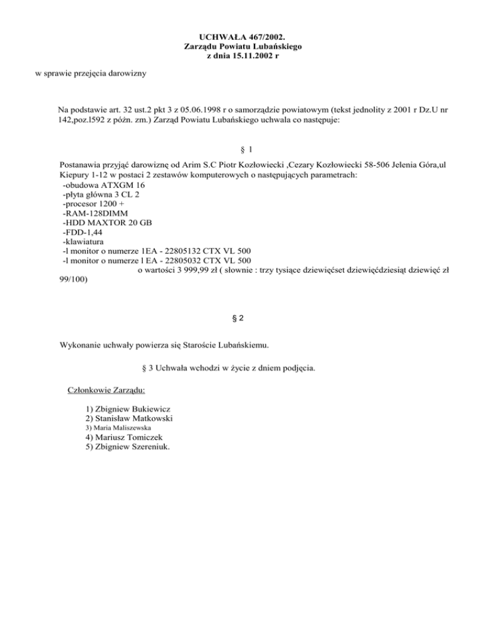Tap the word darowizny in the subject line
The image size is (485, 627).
(x=125, y=74)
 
